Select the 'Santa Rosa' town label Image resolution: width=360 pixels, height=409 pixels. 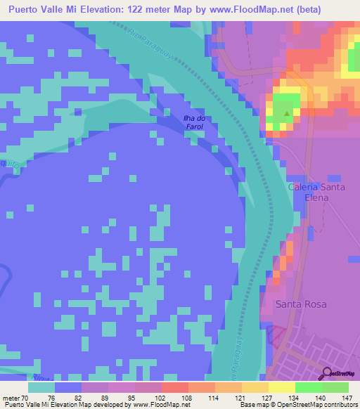301,304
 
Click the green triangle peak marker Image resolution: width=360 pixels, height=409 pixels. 286,112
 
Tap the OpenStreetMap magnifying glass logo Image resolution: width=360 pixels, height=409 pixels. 328,374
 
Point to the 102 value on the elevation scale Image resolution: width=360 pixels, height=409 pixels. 160,397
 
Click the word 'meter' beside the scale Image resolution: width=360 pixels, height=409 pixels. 12,397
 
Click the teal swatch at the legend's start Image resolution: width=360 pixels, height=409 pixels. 41,387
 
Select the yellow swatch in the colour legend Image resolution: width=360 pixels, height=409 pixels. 281,387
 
